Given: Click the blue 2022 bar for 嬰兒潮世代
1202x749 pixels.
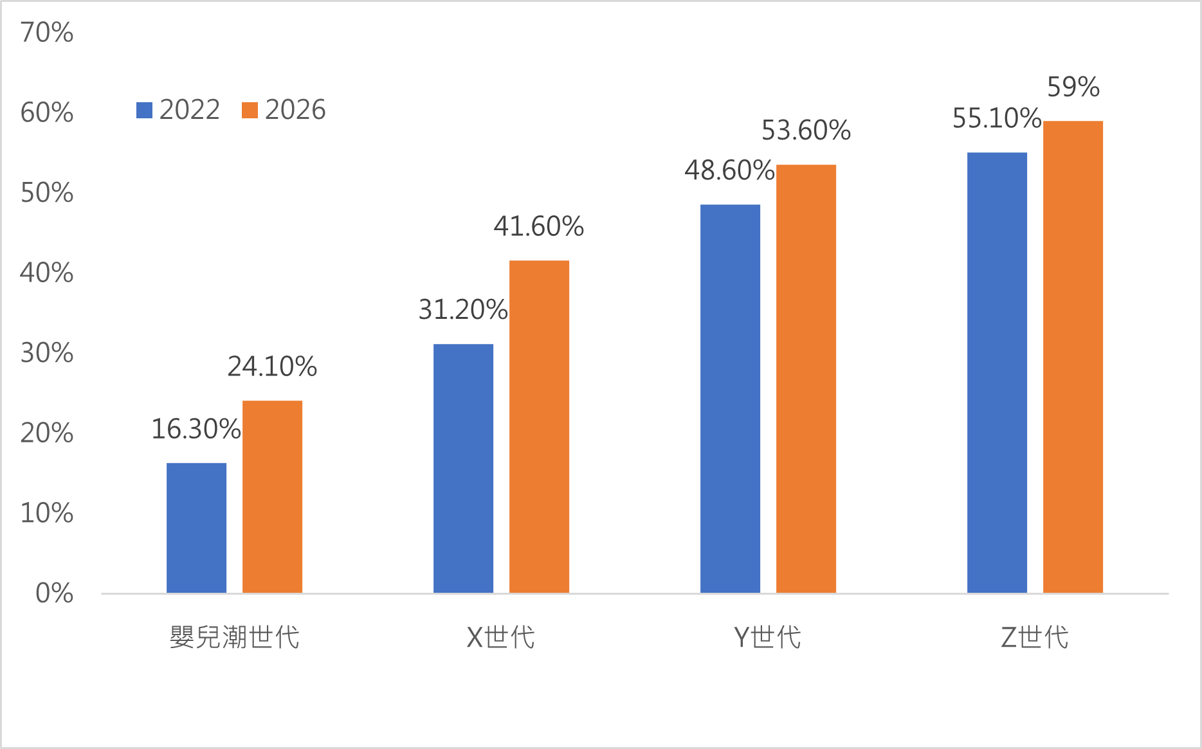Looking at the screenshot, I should point(196,527).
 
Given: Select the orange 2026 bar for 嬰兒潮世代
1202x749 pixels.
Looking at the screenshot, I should point(272,496).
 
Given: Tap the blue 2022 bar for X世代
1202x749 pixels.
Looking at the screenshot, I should point(463,468).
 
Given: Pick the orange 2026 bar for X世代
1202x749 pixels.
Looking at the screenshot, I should point(539,426).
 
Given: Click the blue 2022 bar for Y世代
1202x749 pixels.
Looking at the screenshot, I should point(730,399).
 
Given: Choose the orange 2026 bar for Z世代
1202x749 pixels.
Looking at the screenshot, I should point(1073,357).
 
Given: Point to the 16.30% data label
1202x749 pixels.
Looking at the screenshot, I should point(196,429).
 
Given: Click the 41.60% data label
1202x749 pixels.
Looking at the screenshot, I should point(539,227).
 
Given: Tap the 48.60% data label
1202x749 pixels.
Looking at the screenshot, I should point(729,171).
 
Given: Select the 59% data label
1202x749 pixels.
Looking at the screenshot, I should point(1073,87).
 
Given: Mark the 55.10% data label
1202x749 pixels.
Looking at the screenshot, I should point(997,119).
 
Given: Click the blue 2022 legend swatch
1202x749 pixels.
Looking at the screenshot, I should point(144,111).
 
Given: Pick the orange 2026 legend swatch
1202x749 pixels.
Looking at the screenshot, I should point(250,111).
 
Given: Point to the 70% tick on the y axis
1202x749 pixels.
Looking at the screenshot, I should point(47,33).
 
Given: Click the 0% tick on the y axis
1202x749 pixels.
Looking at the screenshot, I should point(55,593).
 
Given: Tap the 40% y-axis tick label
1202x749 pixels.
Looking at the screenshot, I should point(47,273).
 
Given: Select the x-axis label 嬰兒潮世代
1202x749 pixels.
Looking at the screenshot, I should point(235,638).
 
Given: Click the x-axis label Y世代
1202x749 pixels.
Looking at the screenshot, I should point(767,638).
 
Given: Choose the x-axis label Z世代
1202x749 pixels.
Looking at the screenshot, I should point(1035,638).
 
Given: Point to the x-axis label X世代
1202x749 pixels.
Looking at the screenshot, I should point(501,638).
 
